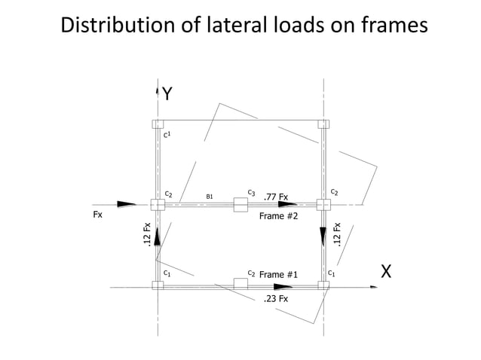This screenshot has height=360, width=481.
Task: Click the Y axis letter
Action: (x=168, y=94)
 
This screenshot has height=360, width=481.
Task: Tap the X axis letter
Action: (x=386, y=272)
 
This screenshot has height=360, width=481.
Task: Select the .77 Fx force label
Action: (x=275, y=197)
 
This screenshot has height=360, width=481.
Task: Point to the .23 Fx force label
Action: (x=275, y=299)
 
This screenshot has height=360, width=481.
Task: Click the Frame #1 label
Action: (x=279, y=274)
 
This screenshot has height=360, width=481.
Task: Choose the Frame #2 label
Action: (x=279, y=216)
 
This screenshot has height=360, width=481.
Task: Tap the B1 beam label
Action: (x=210, y=197)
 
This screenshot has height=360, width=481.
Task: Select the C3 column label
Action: (x=251, y=193)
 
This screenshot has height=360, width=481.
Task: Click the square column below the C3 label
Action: (x=240, y=204)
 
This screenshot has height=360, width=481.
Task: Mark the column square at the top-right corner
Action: (x=323, y=124)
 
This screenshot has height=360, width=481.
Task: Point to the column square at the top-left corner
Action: (x=158, y=124)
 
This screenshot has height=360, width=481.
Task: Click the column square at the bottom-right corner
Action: (x=323, y=285)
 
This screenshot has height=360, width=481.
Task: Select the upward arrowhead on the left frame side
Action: (x=158, y=236)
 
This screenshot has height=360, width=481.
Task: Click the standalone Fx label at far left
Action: (x=97, y=215)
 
